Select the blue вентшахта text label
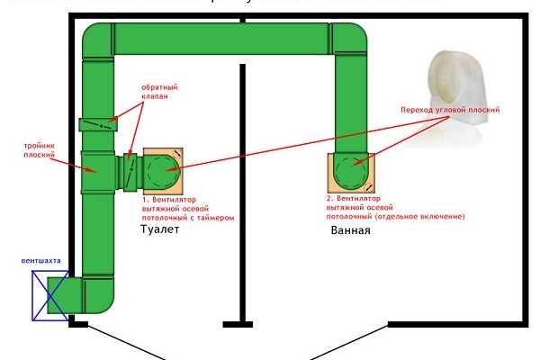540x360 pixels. pos(42,261)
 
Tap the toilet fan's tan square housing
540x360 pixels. pos(162,169)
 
